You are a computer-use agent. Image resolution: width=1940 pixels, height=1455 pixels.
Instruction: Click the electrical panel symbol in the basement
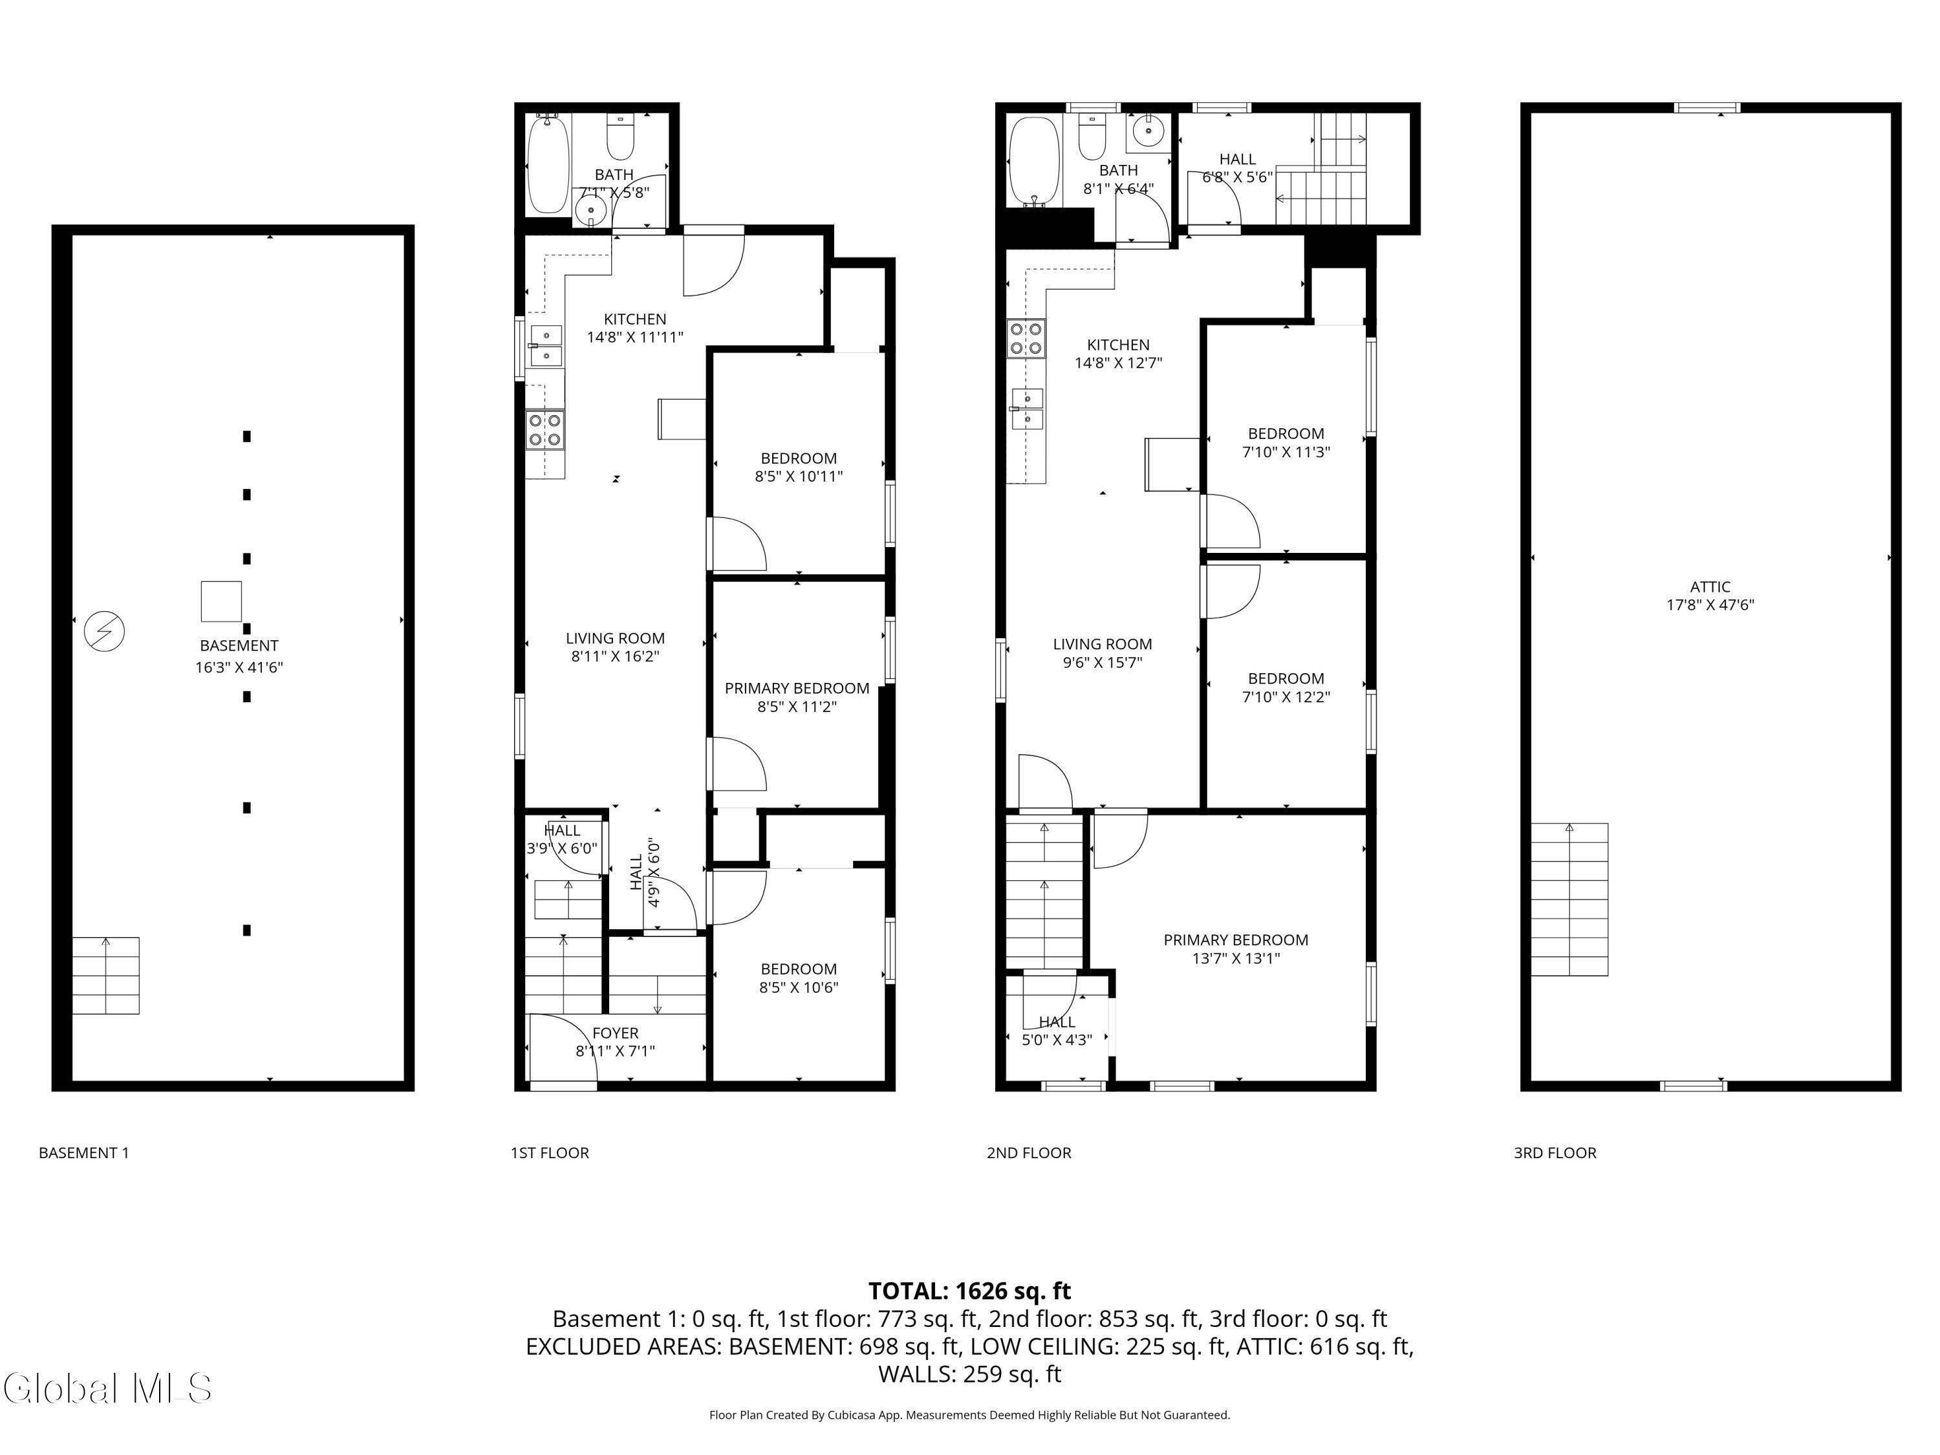point(104,631)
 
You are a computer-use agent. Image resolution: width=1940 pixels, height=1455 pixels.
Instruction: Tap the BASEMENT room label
point(239,645)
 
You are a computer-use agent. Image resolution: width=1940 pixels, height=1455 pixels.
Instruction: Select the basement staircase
point(105,975)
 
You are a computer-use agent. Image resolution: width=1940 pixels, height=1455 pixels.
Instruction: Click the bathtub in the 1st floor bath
point(548,165)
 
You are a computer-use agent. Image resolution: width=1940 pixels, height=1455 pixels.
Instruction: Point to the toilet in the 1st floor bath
point(620,138)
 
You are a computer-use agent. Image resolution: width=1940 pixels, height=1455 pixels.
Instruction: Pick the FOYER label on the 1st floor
point(615,1033)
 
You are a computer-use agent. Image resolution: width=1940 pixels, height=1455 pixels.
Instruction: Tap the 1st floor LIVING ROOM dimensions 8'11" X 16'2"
point(615,656)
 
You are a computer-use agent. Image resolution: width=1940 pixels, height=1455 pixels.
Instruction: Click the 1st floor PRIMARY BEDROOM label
point(796,689)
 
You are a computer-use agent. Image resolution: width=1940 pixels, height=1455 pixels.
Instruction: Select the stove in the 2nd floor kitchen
point(1025,338)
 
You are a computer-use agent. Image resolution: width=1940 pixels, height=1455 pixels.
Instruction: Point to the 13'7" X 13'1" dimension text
point(1235,958)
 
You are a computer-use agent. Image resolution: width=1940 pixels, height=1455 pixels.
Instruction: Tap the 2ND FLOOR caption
point(1028,1152)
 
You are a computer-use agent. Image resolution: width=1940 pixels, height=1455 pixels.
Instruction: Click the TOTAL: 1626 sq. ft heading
point(969,1291)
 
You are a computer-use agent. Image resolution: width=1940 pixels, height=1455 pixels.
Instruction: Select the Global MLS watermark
point(107,1388)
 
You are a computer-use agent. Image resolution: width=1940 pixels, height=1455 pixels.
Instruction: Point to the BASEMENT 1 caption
point(83,1152)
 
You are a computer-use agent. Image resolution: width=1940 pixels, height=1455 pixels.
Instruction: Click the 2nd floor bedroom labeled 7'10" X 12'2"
point(1286,687)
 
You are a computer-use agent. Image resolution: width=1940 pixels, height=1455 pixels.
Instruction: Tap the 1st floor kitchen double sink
point(546,345)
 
